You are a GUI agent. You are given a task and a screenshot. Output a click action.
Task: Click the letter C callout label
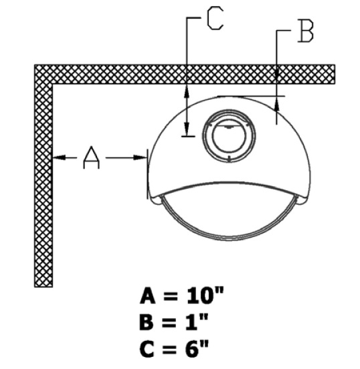215,18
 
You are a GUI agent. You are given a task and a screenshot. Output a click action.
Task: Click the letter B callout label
305,31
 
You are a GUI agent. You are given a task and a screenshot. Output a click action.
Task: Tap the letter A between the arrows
91,157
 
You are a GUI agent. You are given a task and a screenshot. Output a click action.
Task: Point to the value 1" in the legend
197,321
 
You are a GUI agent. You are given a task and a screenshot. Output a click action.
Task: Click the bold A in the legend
148,295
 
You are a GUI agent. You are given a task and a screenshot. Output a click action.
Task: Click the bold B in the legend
147,322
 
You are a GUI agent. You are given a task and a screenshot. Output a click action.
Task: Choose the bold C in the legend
147,348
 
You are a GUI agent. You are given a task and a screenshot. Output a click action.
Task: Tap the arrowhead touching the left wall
59,157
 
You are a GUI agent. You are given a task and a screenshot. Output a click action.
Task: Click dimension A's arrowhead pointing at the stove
141,157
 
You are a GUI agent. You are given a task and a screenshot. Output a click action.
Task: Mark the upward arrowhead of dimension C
187,92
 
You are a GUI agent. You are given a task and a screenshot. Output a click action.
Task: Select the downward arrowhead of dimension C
187,129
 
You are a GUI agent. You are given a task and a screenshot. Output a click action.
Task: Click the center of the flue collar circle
229,137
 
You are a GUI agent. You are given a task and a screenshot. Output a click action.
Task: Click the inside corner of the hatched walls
52,84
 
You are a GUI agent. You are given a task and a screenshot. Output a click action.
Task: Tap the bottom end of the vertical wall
43,287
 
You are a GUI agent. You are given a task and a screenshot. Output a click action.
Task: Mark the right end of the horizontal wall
335,74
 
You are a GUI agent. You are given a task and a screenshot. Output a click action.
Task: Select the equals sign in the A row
171,296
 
